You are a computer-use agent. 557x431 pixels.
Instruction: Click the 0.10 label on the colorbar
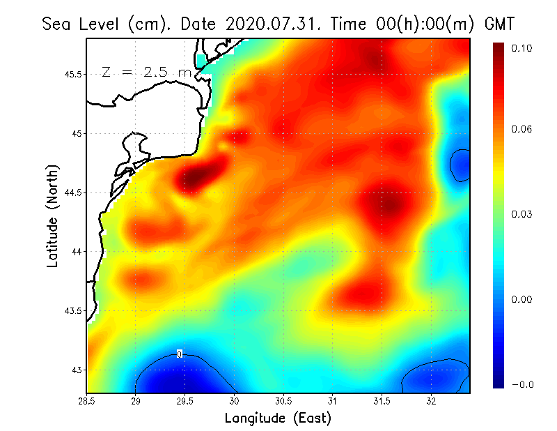(522, 48)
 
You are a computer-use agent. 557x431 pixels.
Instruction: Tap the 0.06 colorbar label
(522, 130)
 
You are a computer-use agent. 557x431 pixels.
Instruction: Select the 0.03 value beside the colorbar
(522, 214)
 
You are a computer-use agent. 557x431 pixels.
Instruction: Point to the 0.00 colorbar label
(522, 299)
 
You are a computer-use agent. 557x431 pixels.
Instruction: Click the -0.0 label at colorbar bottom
(521, 384)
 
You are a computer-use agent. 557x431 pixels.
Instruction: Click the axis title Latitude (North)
(53, 215)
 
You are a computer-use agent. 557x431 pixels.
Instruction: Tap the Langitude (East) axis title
(278, 418)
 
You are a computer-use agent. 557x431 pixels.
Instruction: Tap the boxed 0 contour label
(180, 354)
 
